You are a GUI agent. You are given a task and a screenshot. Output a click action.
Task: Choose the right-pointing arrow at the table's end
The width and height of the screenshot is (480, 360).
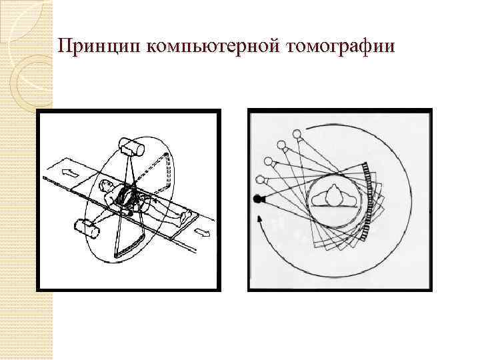coord(203,233)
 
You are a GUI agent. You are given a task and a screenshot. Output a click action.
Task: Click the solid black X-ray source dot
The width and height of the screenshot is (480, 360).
coord(258,199)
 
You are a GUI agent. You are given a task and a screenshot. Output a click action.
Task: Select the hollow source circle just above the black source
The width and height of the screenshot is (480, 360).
coord(261,178)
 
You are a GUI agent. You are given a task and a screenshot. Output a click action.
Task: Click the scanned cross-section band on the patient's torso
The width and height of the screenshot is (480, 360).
coord(127,197)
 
